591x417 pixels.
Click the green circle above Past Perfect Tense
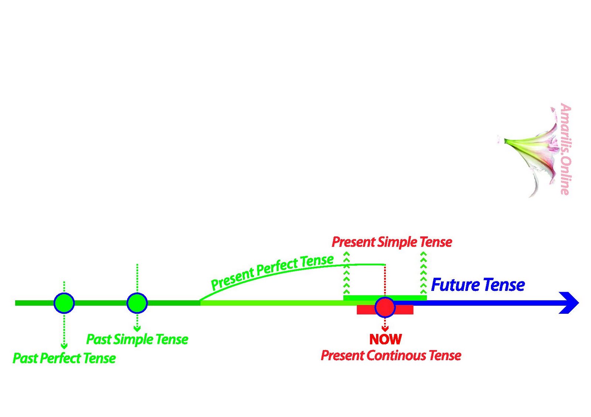[x=64, y=303]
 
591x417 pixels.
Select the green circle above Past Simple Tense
[x=137, y=303]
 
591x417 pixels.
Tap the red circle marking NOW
[x=385, y=307]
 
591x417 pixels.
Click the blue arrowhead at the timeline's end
[x=569, y=303]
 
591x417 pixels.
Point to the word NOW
[x=385, y=339]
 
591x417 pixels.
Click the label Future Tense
[x=478, y=285]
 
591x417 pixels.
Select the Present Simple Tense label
[x=392, y=242]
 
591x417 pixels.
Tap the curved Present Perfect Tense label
[x=272, y=272]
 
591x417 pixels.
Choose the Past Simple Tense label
[x=137, y=339]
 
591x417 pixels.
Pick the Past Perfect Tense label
[x=64, y=358]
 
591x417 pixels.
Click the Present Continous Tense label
[x=391, y=355]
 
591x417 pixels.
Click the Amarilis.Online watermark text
[x=565, y=149]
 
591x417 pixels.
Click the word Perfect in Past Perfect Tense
[x=61, y=358]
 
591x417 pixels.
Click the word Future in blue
[x=455, y=285]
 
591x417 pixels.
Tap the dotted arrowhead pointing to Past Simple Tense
[x=137, y=329]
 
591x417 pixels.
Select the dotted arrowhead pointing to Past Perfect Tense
[x=64, y=346]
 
